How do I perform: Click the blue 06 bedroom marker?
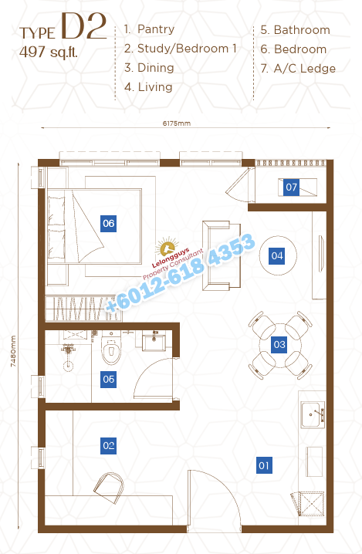point(109,223)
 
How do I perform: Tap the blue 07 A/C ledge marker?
point(291,187)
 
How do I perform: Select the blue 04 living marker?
point(277,255)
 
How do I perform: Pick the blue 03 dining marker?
point(279,344)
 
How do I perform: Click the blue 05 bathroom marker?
point(109,380)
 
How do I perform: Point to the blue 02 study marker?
point(109,445)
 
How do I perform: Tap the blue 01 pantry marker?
point(264,465)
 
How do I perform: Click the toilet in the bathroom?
point(111,348)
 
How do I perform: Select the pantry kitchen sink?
point(313,414)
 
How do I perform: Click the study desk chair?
point(110,488)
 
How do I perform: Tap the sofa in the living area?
point(222,255)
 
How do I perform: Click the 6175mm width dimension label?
point(177,123)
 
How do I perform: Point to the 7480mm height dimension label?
point(13,351)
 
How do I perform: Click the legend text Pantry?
point(156,29)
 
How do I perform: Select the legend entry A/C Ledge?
point(304,68)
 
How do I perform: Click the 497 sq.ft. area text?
point(49,52)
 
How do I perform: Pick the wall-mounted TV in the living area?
point(321,253)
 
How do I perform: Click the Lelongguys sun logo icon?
point(167,248)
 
